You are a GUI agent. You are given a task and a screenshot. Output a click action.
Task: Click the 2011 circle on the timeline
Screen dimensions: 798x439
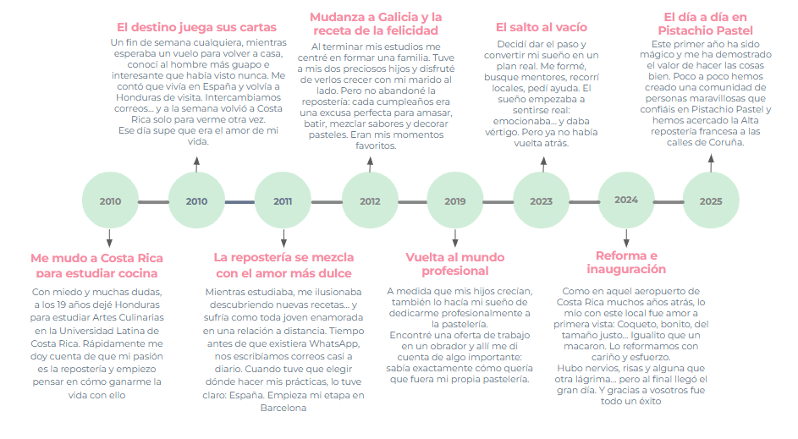coord(283,201)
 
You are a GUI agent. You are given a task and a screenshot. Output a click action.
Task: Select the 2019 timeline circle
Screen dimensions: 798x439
coord(455,201)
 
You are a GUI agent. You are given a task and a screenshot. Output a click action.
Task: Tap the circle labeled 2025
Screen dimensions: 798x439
coord(711,201)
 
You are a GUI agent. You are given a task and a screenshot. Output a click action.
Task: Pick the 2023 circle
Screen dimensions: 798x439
coord(541,201)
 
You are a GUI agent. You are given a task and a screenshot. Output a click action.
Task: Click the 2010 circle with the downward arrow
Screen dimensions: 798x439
coord(111,201)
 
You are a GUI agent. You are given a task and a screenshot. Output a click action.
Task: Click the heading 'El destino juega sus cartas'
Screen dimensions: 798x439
coord(196,27)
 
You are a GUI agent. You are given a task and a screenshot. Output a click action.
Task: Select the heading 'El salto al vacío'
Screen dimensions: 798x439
coord(542,27)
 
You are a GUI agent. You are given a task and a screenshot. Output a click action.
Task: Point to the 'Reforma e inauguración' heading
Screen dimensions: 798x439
coord(626,262)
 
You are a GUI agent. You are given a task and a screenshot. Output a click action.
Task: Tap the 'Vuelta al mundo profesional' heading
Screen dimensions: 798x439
coord(455,264)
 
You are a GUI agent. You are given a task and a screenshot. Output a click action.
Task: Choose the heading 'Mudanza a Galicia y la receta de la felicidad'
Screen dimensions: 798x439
coord(376,24)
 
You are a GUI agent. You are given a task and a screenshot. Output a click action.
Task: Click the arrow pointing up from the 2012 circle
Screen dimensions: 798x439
coord(370,164)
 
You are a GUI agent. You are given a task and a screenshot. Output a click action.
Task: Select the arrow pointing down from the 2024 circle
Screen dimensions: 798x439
coord(626,238)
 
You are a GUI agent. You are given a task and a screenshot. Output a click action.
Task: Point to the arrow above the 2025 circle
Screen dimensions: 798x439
coord(711,163)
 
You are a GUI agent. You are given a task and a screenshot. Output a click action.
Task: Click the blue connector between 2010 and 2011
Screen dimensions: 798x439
coord(239,202)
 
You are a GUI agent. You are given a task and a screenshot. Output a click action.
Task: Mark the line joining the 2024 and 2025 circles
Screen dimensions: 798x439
coord(669,202)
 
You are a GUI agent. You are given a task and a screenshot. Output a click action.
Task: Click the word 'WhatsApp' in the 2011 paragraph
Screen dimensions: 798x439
coord(334,343)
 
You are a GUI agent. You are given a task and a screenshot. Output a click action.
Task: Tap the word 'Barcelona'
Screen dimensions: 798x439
coord(283,408)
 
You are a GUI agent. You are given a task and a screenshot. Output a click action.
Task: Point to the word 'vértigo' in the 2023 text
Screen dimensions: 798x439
coord(501,132)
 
